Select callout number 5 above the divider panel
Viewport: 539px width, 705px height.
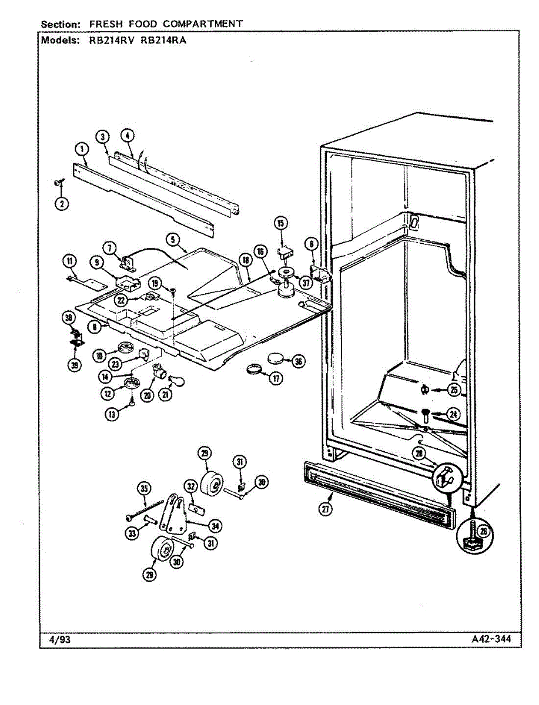tap(172, 239)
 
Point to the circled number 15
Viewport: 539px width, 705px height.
tap(280, 223)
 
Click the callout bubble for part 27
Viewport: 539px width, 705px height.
tap(326, 509)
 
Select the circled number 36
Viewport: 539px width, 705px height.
tap(298, 361)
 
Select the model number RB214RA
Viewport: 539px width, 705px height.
tap(163, 42)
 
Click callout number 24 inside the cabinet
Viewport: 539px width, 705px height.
tap(453, 414)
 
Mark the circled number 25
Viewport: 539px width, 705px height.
tap(453, 389)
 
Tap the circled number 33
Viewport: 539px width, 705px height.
tap(132, 533)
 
